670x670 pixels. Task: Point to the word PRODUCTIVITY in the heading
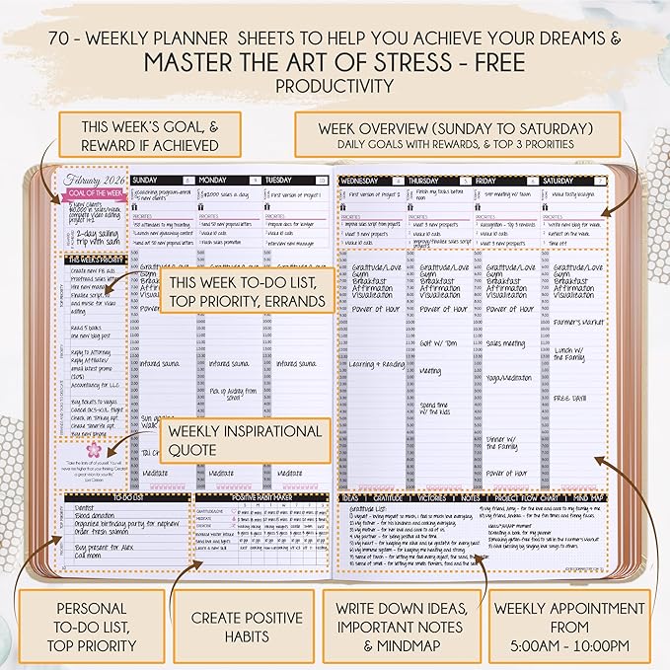(335, 87)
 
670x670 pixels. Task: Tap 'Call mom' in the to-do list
(87, 556)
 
